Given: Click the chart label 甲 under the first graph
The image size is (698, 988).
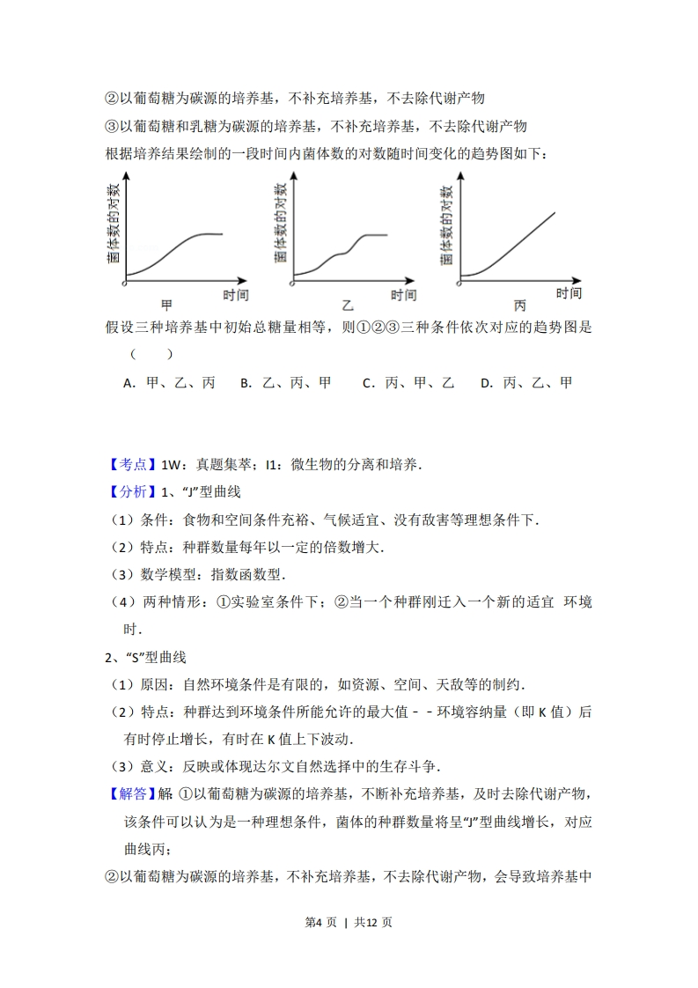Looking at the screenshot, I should click(x=166, y=306).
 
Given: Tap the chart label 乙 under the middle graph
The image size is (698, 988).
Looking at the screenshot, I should click(x=347, y=306).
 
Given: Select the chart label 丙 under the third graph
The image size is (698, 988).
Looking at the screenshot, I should click(x=519, y=306).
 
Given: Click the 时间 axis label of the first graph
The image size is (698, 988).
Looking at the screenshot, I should click(x=235, y=294).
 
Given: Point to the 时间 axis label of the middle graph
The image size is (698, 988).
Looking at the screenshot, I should click(x=404, y=295).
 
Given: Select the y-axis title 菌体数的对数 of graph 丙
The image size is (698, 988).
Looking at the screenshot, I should click(x=447, y=224).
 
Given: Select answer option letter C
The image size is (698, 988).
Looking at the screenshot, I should click(x=368, y=383).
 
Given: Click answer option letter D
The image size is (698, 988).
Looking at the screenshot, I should click(x=486, y=383).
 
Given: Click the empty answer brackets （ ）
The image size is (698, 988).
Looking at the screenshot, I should click(x=151, y=355).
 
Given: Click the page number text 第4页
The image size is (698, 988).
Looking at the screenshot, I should click(x=321, y=922).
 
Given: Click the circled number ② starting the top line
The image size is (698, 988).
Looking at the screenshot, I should click(x=112, y=98).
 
